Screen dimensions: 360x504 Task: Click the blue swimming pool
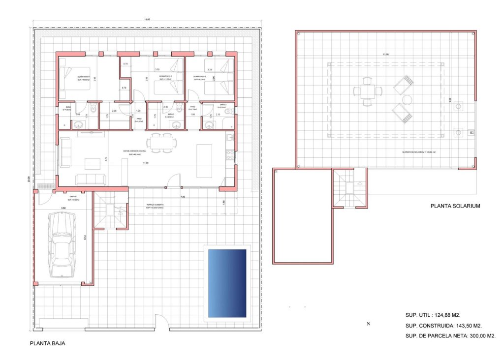pos(227,283)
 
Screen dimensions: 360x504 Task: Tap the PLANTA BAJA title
pos(47,344)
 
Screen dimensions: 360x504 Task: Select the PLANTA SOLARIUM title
pos(455,206)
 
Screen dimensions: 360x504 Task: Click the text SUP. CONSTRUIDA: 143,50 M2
pos(443,326)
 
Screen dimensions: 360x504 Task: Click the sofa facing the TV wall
pos(90,179)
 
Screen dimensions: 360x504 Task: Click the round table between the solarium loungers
pos(407,100)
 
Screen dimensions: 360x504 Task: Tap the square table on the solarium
pos(367,91)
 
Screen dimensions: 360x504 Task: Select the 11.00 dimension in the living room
pos(145,163)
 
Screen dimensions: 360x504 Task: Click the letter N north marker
pos(368,324)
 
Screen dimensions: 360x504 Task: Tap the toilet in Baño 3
pos(227,112)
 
